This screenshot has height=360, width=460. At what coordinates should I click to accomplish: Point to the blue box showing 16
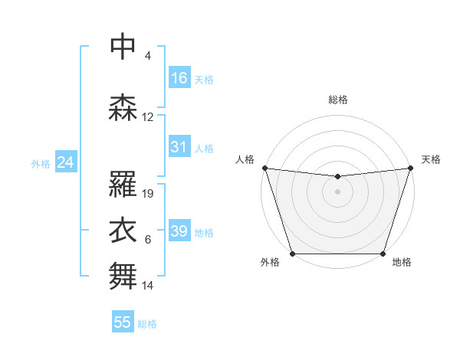click(179, 78)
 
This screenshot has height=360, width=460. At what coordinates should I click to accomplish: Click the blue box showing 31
click(179, 147)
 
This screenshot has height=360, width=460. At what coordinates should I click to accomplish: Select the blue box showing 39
click(179, 231)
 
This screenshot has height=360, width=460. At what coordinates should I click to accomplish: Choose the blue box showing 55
click(123, 322)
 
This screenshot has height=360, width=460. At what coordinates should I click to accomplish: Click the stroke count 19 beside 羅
click(149, 194)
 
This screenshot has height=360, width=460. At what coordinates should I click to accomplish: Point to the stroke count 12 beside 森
click(148, 117)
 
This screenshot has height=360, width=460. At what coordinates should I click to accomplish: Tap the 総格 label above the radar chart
click(337, 100)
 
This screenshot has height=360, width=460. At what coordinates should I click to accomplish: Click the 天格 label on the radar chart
click(431, 159)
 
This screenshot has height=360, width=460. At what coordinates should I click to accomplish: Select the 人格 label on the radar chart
click(245, 159)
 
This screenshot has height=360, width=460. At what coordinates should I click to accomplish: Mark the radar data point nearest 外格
click(292, 254)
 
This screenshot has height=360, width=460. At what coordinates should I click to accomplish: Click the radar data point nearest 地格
click(383, 254)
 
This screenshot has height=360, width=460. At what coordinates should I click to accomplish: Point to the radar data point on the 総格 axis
click(337, 177)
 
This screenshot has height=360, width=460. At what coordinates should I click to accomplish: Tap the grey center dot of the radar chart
click(337, 191)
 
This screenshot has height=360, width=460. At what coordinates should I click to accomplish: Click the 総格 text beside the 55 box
click(147, 324)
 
